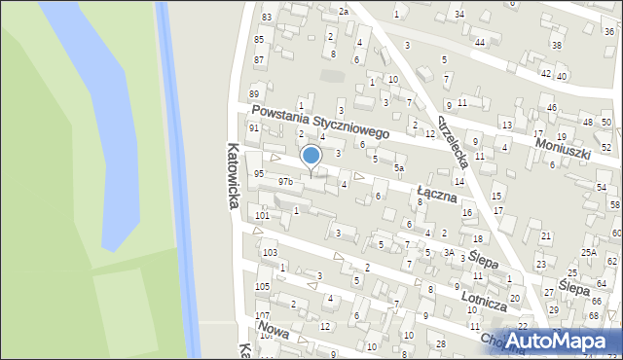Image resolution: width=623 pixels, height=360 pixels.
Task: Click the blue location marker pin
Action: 311,156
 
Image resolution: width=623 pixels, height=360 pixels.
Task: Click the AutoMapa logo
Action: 562,342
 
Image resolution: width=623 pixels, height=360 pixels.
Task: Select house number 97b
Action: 285,181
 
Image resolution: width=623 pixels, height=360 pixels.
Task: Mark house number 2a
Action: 343,11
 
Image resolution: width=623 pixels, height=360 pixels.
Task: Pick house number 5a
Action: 398,167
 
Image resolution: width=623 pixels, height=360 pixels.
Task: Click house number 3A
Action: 449,252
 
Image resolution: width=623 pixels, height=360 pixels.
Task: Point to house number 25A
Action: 589,252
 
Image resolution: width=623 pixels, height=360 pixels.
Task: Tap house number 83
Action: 267,18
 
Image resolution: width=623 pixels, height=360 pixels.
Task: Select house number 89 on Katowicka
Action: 254,93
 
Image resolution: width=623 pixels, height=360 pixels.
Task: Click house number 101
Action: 261,215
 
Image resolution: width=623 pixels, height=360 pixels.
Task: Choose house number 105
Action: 262,286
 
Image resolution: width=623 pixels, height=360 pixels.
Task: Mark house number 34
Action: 459,15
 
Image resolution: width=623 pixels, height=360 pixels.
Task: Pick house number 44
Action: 480,43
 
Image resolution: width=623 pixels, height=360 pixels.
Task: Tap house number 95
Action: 259,173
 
